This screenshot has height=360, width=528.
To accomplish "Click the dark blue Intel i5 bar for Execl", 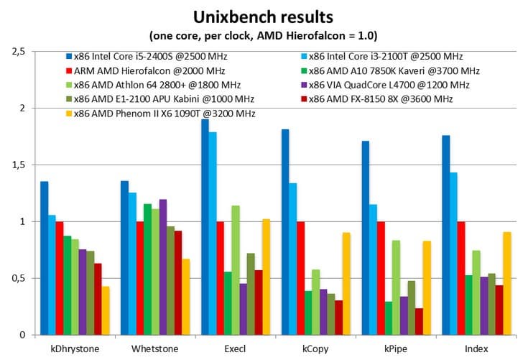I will (x=205, y=227).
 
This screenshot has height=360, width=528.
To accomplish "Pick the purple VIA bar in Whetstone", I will (x=163, y=267).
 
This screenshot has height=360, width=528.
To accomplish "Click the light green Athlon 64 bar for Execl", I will (x=234, y=270).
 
